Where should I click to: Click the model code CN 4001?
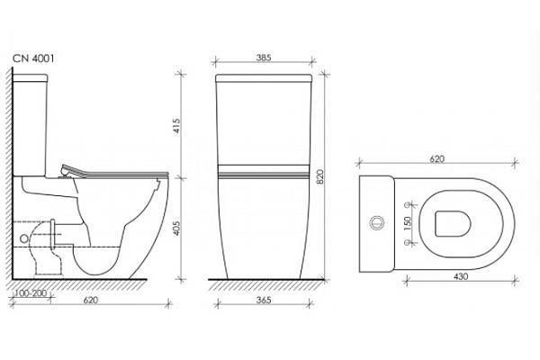[33, 60]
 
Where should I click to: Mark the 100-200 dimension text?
[32, 293]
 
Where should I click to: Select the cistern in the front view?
[266, 121]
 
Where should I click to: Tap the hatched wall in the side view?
[11, 180]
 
